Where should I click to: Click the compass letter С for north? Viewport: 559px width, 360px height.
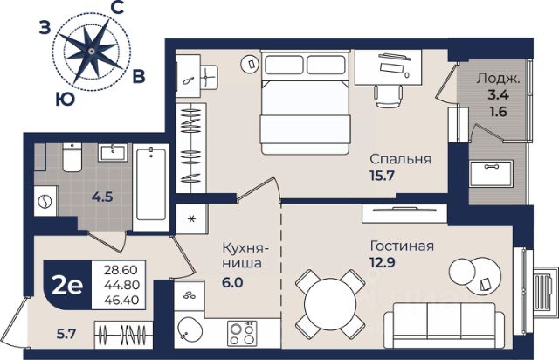click(118, 8)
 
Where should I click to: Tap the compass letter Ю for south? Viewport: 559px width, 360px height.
click(65, 100)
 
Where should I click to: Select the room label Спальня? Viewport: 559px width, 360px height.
click(400, 159)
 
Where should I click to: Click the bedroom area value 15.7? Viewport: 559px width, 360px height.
click(383, 175)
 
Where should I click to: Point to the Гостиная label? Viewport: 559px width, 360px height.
click(402, 246)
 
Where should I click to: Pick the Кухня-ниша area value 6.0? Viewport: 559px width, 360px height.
click(232, 282)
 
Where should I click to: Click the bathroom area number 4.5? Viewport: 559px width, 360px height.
click(102, 197)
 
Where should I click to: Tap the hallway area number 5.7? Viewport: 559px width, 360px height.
click(66, 334)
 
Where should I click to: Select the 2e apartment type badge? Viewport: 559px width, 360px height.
click(66, 286)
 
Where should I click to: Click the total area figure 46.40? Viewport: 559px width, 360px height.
click(121, 300)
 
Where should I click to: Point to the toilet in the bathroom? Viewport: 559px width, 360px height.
click(72, 157)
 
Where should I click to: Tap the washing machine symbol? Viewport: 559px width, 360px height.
click(45, 202)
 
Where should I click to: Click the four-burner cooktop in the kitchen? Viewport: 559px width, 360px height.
click(242, 333)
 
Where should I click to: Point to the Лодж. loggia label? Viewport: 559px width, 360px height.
click(499, 79)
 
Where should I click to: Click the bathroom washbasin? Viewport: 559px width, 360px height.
click(113, 152)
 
